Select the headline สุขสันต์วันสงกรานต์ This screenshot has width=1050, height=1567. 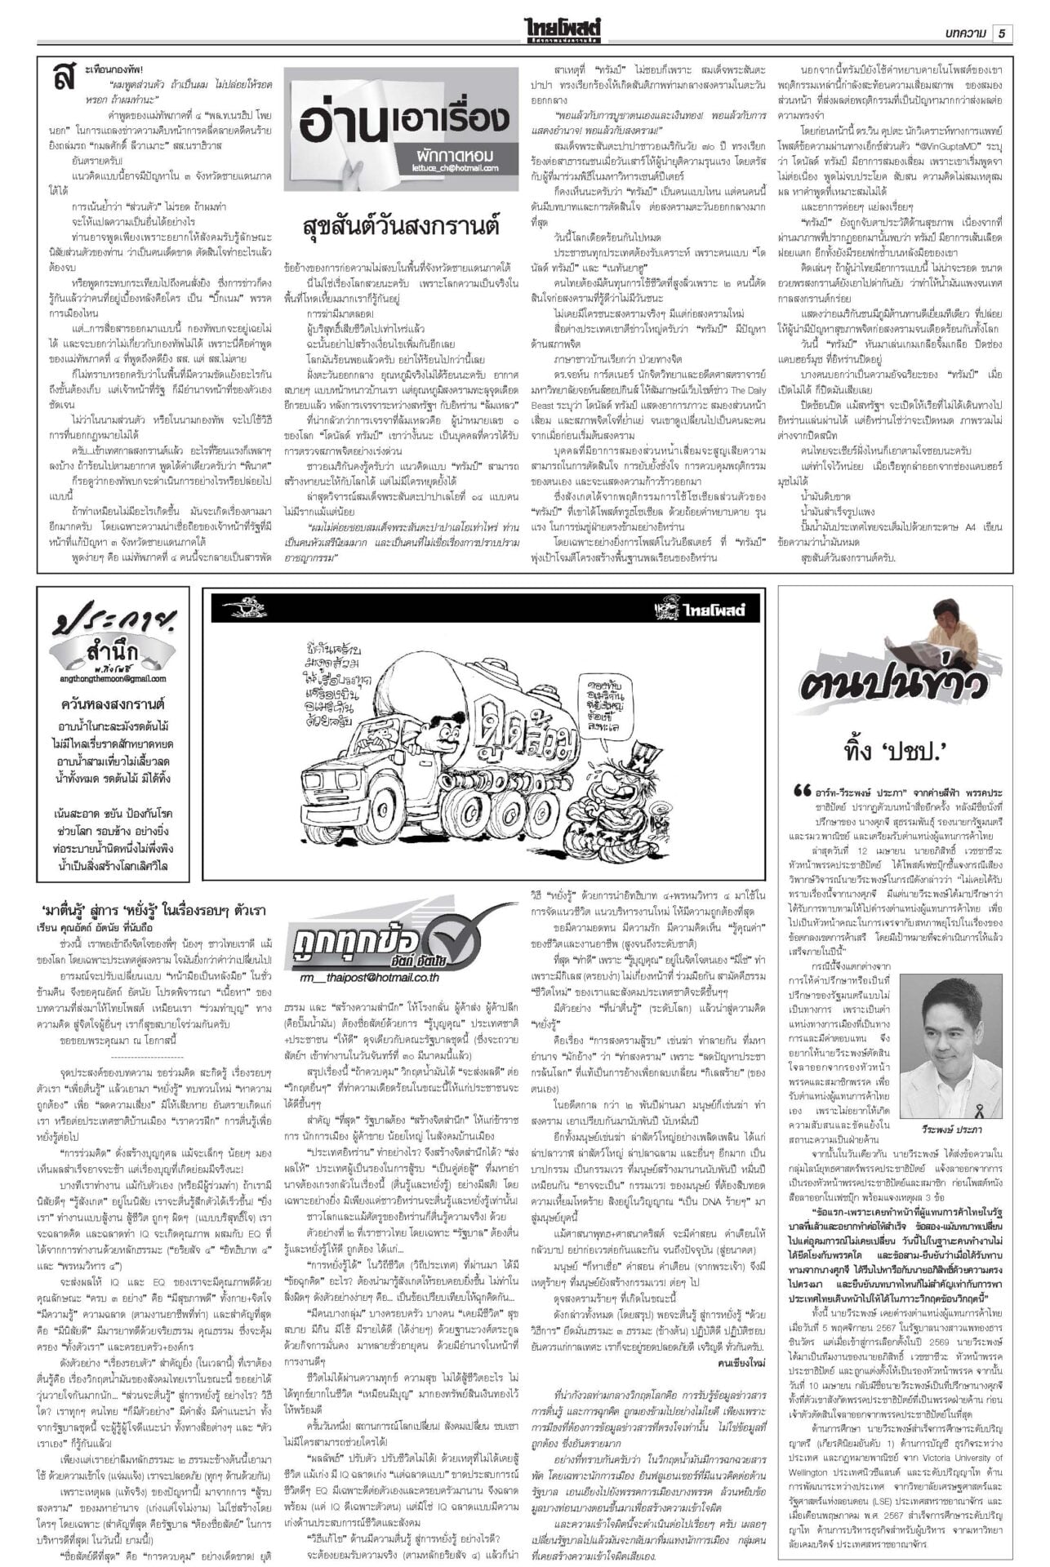tap(401, 225)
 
